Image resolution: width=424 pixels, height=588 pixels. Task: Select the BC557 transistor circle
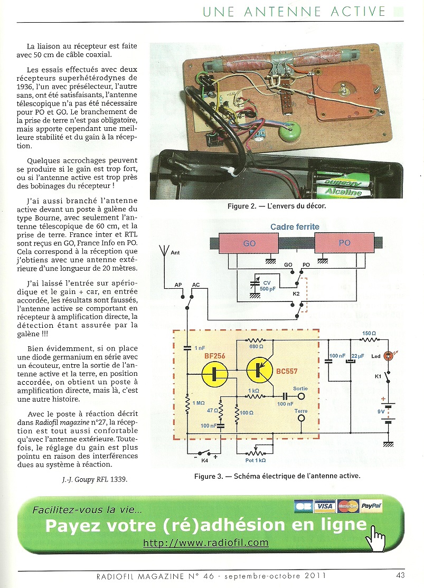tap(261, 370)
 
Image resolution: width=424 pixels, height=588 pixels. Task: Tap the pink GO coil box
tap(249, 245)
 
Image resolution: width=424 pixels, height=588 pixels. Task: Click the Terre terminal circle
tap(301, 419)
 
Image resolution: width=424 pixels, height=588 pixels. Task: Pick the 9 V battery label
tap(374, 411)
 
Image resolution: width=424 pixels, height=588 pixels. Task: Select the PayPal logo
tap(372, 506)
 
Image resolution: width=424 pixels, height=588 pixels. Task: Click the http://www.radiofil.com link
tap(206, 542)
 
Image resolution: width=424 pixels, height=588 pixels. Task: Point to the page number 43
tap(400, 575)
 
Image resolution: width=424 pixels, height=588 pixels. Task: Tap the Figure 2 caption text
tap(277, 206)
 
